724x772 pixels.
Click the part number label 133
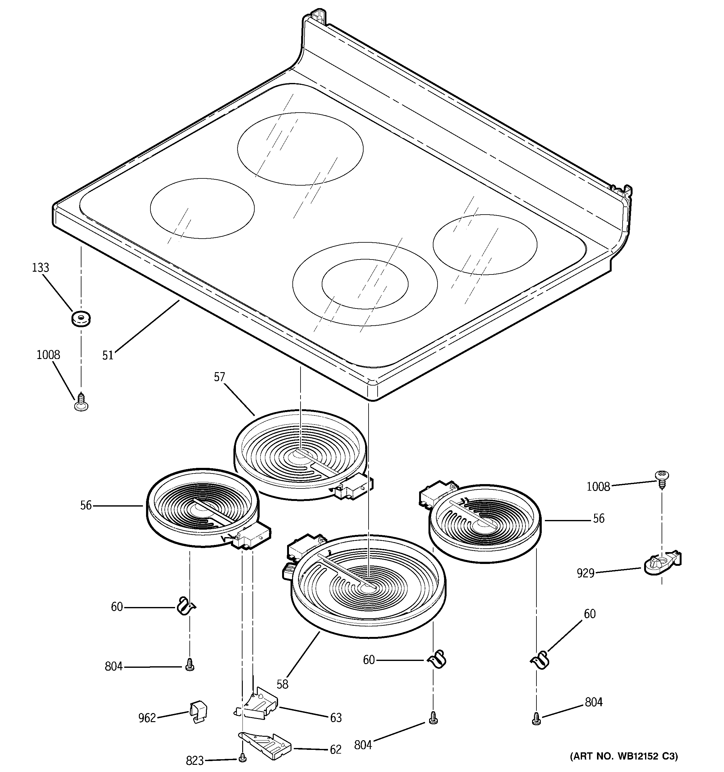(x=41, y=268)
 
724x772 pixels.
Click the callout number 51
(x=108, y=355)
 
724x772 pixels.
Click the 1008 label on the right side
(x=598, y=487)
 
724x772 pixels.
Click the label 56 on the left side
(x=86, y=505)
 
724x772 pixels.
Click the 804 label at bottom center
(x=363, y=745)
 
